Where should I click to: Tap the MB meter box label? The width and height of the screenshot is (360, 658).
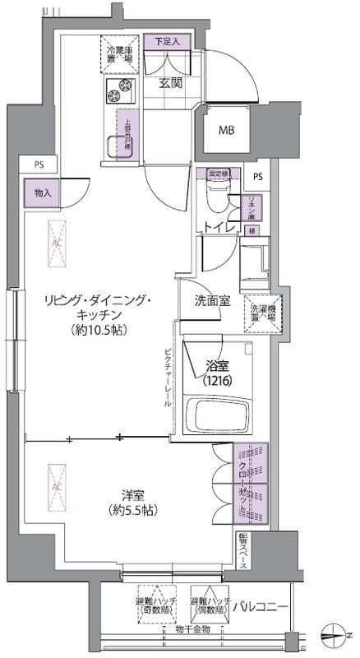point(225,130)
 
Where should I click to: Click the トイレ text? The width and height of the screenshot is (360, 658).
point(216,225)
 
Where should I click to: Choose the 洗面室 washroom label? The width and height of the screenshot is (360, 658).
point(211,301)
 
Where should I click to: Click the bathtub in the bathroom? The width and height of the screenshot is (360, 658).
point(216,419)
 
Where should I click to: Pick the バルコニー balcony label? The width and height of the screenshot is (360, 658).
point(259,607)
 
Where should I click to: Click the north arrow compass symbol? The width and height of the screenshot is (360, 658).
point(335,634)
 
